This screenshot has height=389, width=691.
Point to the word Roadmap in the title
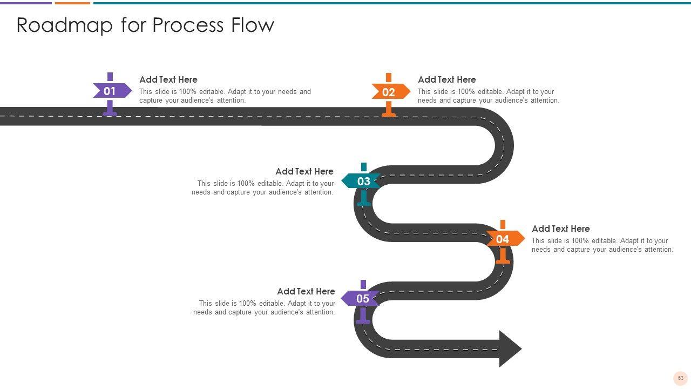[64, 25]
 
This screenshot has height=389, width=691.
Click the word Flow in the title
[253, 24]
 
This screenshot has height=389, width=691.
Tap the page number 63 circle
[680, 378]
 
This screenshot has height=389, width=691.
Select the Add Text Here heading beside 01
[168, 79]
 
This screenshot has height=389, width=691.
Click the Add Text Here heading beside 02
[446, 79]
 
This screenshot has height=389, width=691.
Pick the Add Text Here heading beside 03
[304, 171]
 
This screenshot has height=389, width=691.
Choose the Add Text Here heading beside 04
[560, 229]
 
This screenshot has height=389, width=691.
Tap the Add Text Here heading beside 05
[306, 291]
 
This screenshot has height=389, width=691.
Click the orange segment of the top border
[72, 3]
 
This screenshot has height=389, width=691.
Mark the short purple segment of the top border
[26, 3]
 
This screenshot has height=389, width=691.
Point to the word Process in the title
[187, 25]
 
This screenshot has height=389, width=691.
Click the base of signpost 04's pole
[503, 262]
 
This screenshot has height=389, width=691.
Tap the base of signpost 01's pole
[110, 114]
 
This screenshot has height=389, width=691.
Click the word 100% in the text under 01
[187, 92]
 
